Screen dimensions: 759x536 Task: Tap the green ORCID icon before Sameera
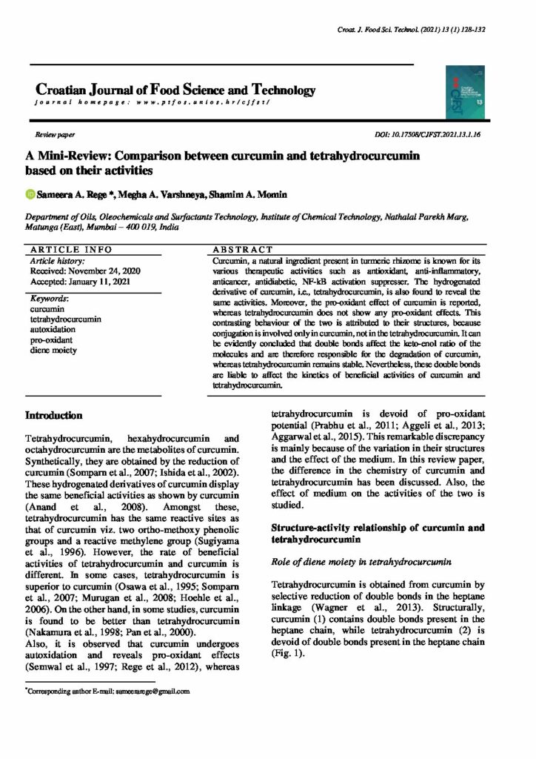click(x=30, y=194)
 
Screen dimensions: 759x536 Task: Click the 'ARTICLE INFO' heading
click(x=70, y=250)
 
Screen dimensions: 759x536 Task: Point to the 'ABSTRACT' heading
click(x=243, y=250)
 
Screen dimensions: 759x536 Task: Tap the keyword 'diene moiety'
click(x=53, y=349)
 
